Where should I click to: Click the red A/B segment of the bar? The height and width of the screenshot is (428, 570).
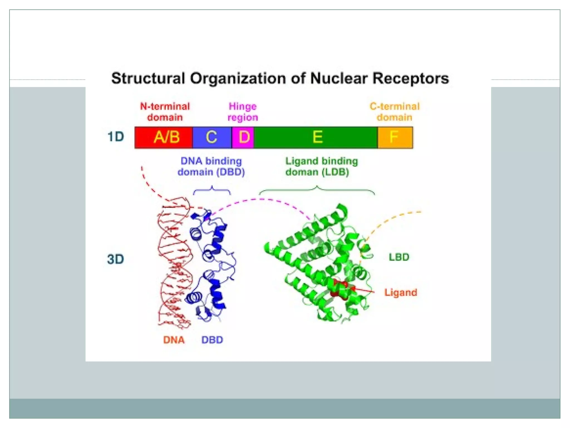pos(164,137)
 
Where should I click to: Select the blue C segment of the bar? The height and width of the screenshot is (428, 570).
pos(212,137)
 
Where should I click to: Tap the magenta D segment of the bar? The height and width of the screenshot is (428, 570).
pos(243,137)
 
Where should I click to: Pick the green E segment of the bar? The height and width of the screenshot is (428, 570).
pos(316,137)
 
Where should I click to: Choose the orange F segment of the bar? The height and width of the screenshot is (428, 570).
pos(395,137)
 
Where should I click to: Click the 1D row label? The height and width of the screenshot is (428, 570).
pos(116,137)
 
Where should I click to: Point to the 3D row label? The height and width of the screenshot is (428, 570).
pos(116,259)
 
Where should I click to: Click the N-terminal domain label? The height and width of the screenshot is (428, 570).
pos(165,112)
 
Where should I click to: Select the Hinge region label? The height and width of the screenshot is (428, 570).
pos(243,112)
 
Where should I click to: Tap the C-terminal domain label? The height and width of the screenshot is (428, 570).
pos(394,112)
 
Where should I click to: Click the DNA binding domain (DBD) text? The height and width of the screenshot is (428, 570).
pos(211,166)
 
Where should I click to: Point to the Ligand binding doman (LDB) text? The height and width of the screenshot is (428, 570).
pos(321,166)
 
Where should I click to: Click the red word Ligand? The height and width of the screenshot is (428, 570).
pos(401,292)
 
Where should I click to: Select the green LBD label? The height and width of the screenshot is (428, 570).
pos(399,257)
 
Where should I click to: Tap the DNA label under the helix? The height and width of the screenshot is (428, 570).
pos(174,340)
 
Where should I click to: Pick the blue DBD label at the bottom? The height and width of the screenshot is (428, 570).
pos(212,340)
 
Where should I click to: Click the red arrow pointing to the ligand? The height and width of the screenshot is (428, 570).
pos(363,290)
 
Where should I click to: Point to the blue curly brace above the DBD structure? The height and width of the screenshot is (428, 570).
pos(212,190)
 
